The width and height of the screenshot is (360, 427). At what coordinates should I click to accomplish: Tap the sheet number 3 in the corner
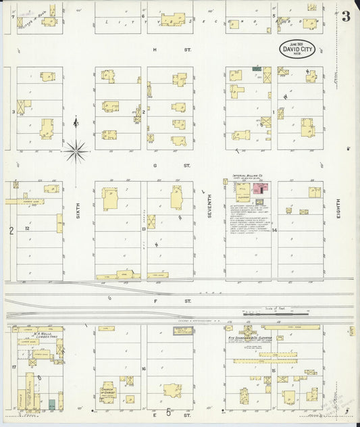[x=346, y=17]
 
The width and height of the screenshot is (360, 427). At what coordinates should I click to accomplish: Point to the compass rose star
[x=76, y=150]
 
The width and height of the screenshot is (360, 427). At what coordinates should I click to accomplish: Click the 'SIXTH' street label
[x=78, y=209]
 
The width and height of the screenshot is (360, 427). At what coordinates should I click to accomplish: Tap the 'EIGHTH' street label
[x=338, y=209]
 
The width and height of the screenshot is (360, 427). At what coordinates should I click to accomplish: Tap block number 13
[x=143, y=229]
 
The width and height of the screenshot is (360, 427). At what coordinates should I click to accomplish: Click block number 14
[x=274, y=230]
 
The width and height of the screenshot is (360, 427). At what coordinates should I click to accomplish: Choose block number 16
[x=143, y=369]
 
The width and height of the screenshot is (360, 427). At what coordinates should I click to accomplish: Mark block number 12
[x=27, y=229]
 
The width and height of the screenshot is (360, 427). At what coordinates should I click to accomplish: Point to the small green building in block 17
[x=51, y=404]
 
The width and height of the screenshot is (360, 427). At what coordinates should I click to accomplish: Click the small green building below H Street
[x=257, y=68]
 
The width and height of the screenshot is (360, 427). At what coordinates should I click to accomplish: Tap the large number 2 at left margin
[x=11, y=231]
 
